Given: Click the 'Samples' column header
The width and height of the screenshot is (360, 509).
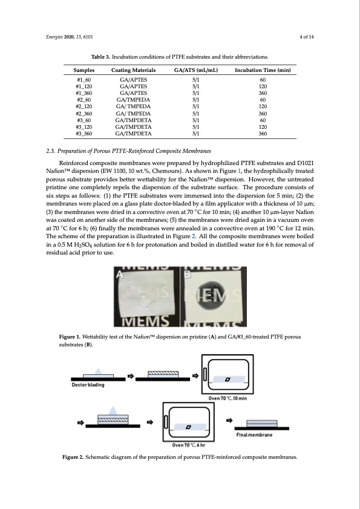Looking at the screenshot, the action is [84, 70].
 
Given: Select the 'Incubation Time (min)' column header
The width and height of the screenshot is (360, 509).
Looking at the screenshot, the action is [263, 70].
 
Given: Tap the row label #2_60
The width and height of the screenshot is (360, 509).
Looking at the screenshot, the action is [84, 100].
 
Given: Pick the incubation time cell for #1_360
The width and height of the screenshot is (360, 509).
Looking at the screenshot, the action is [263, 93].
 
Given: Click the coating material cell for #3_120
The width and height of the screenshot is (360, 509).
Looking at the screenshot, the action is [133, 127].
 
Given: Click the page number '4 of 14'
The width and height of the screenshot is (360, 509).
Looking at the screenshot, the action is [306, 37].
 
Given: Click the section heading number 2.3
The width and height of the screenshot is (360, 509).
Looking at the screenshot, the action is [50, 151].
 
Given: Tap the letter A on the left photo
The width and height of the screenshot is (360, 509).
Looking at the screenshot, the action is [120, 274].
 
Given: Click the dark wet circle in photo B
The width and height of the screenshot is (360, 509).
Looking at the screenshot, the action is [211, 295].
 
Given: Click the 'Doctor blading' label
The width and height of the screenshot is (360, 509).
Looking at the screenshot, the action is [88, 385].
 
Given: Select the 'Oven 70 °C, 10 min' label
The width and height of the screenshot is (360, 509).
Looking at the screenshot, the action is [227, 398].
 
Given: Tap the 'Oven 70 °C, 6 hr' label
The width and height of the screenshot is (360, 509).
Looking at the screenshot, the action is [188, 445].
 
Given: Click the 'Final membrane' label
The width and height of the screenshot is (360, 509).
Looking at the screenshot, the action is [254, 435].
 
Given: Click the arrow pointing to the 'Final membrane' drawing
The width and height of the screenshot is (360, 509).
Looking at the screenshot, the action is [229, 420].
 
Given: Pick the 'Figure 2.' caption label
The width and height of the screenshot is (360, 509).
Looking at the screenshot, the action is [73, 457].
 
